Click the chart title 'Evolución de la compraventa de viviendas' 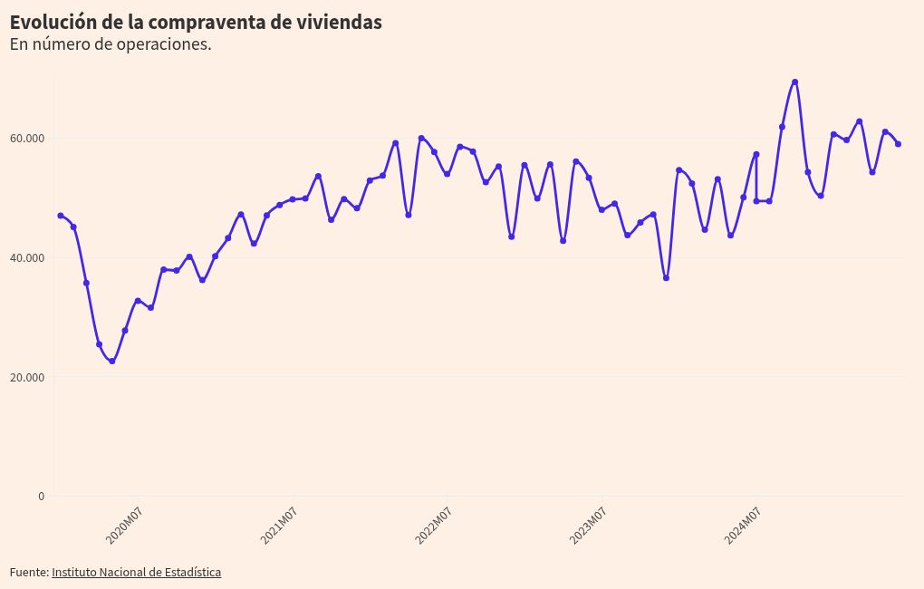[x=196, y=23]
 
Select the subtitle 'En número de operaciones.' [x=111, y=44]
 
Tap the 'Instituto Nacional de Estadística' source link [x=136, y=572]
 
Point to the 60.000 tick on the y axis [x=27, y=139]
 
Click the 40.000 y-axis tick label [x=27, y=258]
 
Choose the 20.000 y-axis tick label [x=27, y=377]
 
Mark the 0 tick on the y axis [x=40, y=496]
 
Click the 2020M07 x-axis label [x=125, y=526]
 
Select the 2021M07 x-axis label [x=279, y=526]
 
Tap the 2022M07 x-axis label [x=434, y=526]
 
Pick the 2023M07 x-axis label [x=588, y=526]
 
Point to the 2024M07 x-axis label [x=743, y=526]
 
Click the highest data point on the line [x=794, y=82]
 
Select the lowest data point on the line [x=112, y=362]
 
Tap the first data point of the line [x=61, y=216]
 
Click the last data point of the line [x=898, y=144]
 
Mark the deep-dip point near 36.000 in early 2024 [x=666, y=278]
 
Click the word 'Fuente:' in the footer [x=29, y=572]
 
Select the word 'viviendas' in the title [x=340, y=23]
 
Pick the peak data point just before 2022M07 [x=421, y=138]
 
